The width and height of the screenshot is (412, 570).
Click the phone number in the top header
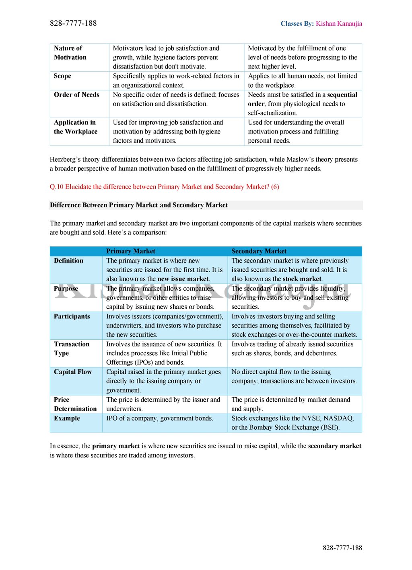[73, 23]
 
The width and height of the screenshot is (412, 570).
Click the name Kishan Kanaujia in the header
[339, 24]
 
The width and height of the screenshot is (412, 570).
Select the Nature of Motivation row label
[70, 53]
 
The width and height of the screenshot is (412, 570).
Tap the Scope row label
[62, 76]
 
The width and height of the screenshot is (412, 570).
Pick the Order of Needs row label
[76, 95]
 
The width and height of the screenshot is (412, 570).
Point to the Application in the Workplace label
[76, 127]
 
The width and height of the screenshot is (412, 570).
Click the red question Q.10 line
[164, 187]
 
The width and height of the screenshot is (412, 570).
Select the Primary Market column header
[130, 251]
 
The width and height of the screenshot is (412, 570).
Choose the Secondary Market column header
[259, 251]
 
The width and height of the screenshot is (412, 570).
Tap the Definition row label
[68, 261]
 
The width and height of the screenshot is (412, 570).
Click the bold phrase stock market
[302, 279]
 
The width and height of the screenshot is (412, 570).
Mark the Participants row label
[72, 316]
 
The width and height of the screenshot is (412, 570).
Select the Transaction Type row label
[71, 349]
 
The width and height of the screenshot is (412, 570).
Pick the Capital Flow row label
[73, 372]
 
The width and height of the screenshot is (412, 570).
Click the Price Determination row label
[75, 404]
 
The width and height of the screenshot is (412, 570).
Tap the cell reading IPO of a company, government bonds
[160, 418]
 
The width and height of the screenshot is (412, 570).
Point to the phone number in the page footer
[342, 548]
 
